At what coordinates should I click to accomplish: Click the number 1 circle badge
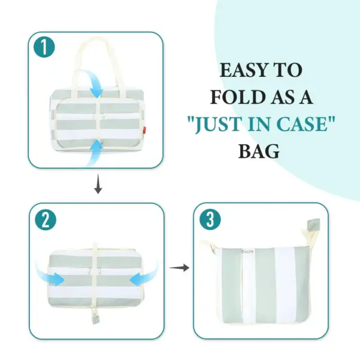[x=44, y=47]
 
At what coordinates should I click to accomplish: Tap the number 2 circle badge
[x=46, y=220]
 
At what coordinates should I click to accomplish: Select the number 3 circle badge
[x=210, y=220]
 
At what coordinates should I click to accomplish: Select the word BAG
[x=259, y=151]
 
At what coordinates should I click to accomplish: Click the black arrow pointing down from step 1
[x=98, y=184]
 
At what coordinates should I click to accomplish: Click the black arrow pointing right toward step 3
[x=179, y=268]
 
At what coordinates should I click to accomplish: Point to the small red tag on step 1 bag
[x=145, y=130]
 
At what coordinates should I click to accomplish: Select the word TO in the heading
[x=289, y=70]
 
